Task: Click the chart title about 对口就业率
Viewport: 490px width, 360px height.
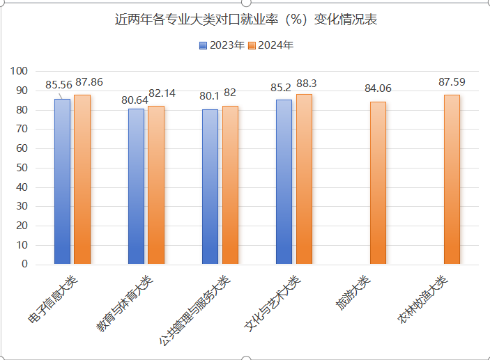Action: (x=246, y=19)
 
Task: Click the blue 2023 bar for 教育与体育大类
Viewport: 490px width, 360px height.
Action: (x=136, y=186)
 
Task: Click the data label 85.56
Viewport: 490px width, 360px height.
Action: (x=59, y=85)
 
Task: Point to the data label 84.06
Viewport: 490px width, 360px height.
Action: (x=378, y=88)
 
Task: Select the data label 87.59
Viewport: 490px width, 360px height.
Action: (x=452, y=82)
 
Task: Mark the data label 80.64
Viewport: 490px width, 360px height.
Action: (x=135, y=100)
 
